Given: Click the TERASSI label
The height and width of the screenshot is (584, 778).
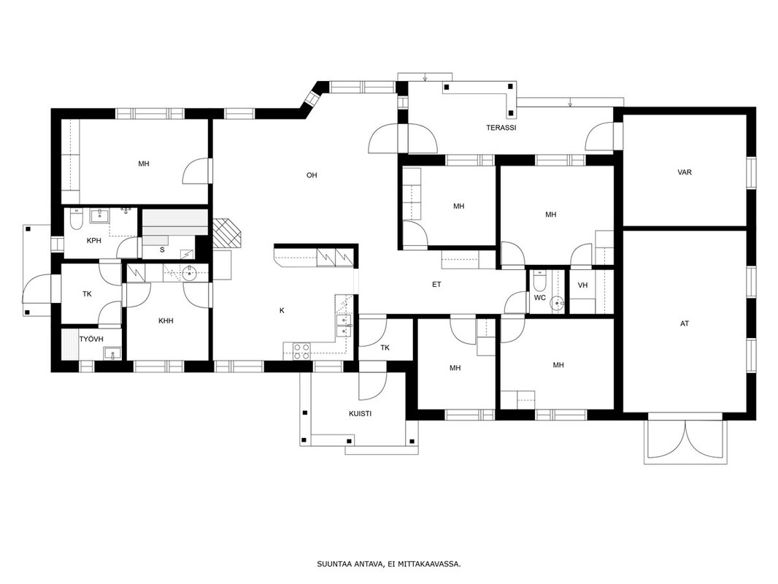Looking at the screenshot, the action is point(501,128).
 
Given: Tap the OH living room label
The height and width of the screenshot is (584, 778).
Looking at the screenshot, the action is point(312,175).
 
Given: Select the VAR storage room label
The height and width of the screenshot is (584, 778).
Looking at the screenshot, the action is point(685,173).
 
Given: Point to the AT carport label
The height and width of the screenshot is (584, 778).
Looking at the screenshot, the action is point(685,324).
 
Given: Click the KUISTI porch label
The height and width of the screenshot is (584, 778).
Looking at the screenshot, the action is point(361,414).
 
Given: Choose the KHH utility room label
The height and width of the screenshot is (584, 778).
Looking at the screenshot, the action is point(166,321).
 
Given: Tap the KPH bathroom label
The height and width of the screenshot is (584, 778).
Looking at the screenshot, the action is point(93,241).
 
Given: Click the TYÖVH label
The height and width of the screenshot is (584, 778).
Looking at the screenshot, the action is point(91,339).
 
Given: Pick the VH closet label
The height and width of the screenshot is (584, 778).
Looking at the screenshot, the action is point(583,285).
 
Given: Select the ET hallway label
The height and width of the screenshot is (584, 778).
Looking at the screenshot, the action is point(436,285).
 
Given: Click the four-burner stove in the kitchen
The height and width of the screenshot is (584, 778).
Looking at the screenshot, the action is point(302,351).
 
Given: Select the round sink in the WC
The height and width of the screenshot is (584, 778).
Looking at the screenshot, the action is point(559,301).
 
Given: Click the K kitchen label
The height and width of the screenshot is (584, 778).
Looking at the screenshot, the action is point(282,310).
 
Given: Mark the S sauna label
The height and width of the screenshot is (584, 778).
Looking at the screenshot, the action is point(162,250).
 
